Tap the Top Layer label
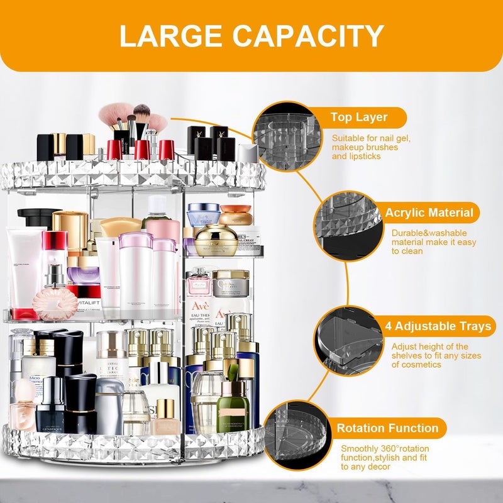tap(358, 117)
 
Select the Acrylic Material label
tap(429, 213)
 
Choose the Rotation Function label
tap(387, 428)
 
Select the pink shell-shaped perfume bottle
tap(55, 303)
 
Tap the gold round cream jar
tap(216, 240)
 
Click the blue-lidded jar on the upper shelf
tap(204, 214)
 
